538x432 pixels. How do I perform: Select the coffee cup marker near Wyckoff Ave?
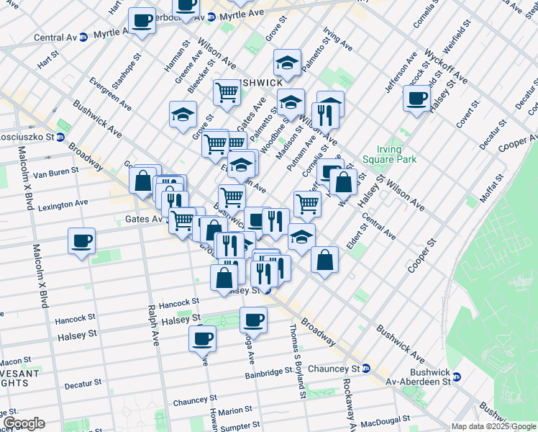coord(416,98)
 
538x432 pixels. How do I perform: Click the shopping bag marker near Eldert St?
coord(325,259)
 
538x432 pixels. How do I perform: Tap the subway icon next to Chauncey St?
coord(366,368)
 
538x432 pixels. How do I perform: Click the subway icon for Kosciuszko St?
coord(60,137)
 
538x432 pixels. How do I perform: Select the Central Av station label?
coord(55,37)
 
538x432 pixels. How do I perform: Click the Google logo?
coord(24,423)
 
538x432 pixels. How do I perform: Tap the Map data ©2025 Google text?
coord(493,426)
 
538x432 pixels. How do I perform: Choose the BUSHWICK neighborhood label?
coord(262,82)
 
